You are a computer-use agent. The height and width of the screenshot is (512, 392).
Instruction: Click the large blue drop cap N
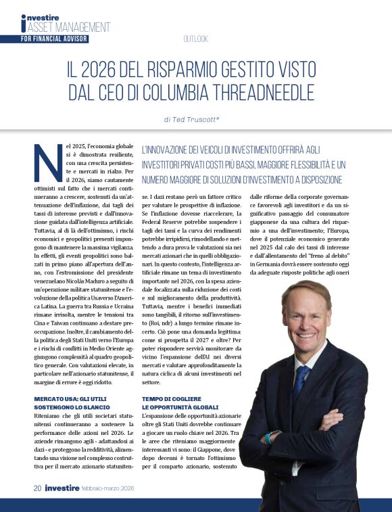click(x=48, y=163)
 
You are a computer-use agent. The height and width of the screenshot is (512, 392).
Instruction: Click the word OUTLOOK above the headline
click(x=195, y=39)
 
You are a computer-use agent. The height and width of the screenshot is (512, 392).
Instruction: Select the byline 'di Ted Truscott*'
click(x=195, y=119)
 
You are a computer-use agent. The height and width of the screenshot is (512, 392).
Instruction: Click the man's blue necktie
click(x=301, y=379)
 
